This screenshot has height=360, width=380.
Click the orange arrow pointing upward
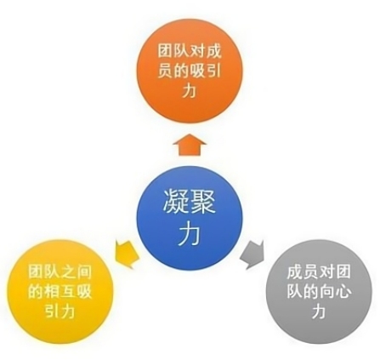(190, 145)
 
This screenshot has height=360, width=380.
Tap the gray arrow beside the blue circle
(252, 254)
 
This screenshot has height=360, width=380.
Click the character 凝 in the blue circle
(173, 201)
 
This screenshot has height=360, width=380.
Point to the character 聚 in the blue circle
(202, 201)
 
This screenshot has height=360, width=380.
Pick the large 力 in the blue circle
(190, 232)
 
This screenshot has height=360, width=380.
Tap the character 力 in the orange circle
(190, 90)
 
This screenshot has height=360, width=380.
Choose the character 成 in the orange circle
(213, 52)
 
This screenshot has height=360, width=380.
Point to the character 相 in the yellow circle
(52, 292)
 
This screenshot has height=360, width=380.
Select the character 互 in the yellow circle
(68, 292)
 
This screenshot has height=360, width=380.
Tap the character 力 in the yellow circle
(67, 311)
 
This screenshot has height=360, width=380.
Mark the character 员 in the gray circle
(311, 272)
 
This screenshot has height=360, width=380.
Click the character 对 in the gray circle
(326, 272)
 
